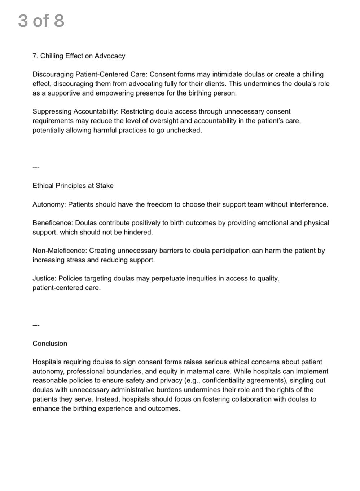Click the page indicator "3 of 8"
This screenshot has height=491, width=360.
coord(41,21)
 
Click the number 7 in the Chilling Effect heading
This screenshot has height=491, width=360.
coord(35,56)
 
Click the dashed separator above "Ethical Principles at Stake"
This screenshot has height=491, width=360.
coord(36,167)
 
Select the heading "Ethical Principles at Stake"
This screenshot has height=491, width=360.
coord(73,186)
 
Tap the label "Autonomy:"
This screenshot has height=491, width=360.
coord(49,204)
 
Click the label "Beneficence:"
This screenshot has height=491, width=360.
coord(53,223)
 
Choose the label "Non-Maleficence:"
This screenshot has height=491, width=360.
coord(60,251)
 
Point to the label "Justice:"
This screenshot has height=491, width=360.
coord(44,278)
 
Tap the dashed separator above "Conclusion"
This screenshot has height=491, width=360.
coord(36,325)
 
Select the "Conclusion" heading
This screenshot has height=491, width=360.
coord(50,344)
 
